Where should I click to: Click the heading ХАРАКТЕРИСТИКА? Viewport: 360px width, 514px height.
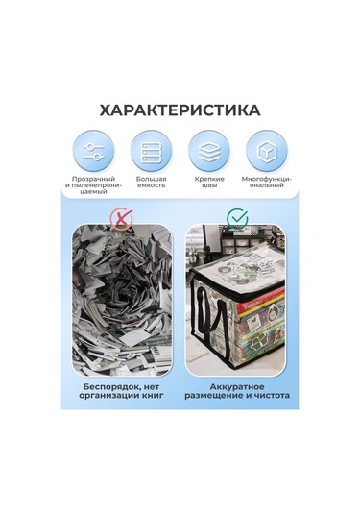[x=180, y=110]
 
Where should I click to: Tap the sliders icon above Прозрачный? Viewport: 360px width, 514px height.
[x=94, y=151]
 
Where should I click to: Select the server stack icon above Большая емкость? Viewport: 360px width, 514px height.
[x=151, y=151]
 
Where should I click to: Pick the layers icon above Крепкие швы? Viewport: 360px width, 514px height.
[x=209, y=151]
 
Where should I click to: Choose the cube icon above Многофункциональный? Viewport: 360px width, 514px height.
[x=267, y=151]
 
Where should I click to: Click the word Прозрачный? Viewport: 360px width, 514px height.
[x=94, y=179]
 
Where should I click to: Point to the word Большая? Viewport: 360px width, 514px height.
[x=151, y=179]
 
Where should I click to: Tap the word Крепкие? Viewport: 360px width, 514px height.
[x=209, y=179]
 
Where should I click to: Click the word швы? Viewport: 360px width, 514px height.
[x=209, y=185]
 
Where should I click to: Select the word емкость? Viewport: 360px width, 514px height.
[x=151, y=185]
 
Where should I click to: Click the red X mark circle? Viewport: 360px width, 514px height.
[x=121, y=219]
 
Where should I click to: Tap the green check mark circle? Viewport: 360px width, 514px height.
[x=237, y=218]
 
